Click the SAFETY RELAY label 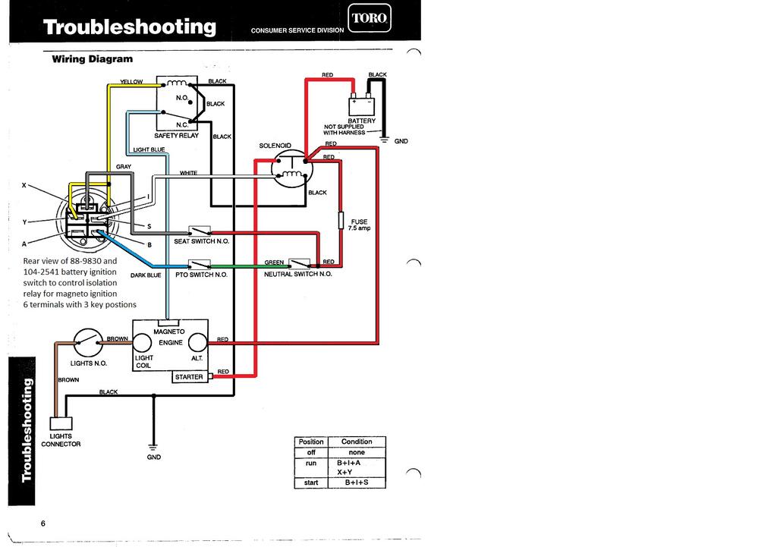pyautogui.click(x=176, y=135)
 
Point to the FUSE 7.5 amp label pyautogui.click(x=358, y=225)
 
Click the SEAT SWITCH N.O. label pyautogui.click(x=202, y=240)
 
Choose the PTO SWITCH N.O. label pyautogui.click(x=201, y=275)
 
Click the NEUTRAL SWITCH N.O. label pyautogui.click(x=297, y=274)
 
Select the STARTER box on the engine pyautogui.click(x=189, y=377)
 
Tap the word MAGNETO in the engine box pyautogui.click(x=168, y=332)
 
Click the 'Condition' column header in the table pyautogui.click(x=357, y=442)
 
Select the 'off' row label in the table pyautogui.click(x=311, y=452)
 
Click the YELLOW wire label pyautogui.click(x=131, y=82)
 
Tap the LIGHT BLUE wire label pyautogui.click(x=149, y=149)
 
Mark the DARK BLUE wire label pyautogui.click(x=146, y=275)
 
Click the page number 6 pyautogui.click(x=42, y=523)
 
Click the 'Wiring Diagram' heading pyautogui.click(x=92, y=58)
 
